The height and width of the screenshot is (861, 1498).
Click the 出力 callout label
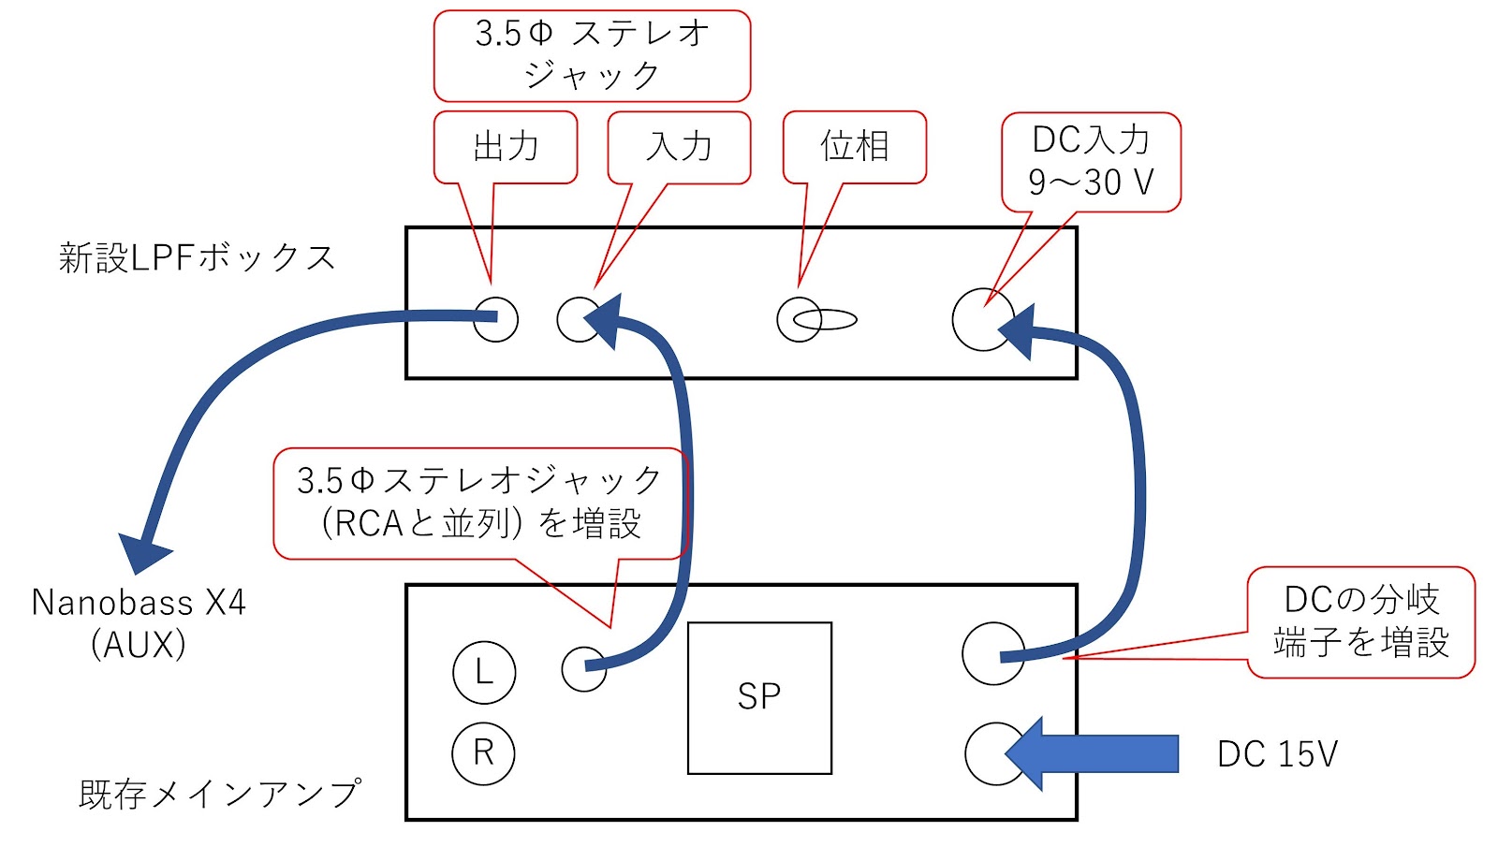[x=506, y=147]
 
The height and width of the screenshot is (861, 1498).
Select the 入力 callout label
[x=679, y=147]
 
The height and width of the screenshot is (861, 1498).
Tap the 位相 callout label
[x=854, y=147]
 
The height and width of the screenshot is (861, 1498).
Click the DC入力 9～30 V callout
[x=1091, y=161]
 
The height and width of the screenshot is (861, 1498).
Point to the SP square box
[x=759, y=697]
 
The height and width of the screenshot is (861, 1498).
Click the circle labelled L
[x=484, y=672]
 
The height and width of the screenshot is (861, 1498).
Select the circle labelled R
[x=483, y=752]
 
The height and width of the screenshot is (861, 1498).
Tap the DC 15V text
[x=1277, y=754]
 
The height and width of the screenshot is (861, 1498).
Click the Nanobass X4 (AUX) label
[x=139, y=622]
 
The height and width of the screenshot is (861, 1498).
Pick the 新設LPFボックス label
[x=197, y=257]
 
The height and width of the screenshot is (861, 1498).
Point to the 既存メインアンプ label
[x=219, y=794]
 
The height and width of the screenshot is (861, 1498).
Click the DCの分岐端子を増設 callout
[x=1360, y=621]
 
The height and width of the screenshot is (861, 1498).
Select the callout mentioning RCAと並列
[x=479, y=503]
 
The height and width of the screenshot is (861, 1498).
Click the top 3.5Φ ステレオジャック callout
[x=592, y=55]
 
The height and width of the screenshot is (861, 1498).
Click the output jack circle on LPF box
[x=495, y=319]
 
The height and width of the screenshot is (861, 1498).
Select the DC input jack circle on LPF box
[x=982, y=320]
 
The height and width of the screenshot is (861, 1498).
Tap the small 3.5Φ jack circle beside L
[x=583, y=668]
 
